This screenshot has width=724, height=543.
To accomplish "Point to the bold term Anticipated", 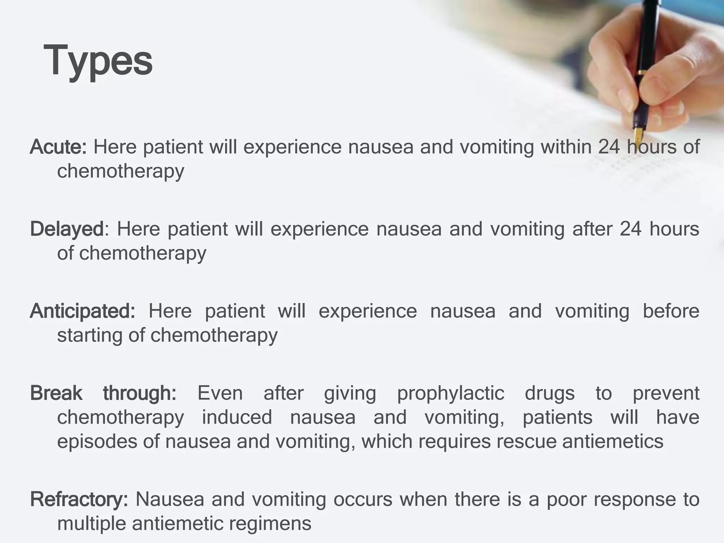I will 82,311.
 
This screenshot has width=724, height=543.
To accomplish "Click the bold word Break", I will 56,393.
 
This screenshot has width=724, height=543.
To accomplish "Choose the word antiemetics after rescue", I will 613,442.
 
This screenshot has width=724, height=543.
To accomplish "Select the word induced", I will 237,417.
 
